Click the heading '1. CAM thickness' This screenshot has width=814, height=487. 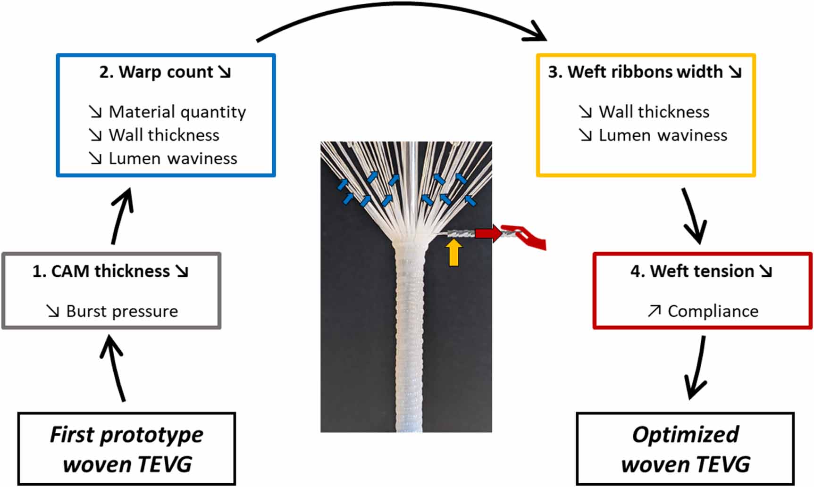coord(110,272)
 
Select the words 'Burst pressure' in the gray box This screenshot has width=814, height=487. coord(122,311)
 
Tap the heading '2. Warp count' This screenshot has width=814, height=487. coord(165,72)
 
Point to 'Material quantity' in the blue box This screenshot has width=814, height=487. coord(177,112)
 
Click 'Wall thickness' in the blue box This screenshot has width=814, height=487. coord(164,135)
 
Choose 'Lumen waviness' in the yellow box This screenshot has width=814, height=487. coord(663,135)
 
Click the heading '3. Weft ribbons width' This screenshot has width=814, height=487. coord(645,72)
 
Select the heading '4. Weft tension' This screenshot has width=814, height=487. coord(701,272)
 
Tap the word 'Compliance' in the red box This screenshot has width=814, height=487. coord(713,311)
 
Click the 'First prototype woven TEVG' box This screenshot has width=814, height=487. coord(126,449)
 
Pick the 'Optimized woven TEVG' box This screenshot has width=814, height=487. coord(685,449)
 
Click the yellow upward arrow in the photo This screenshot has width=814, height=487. coord(453,252)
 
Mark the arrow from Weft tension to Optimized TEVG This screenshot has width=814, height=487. coord(697,368)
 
